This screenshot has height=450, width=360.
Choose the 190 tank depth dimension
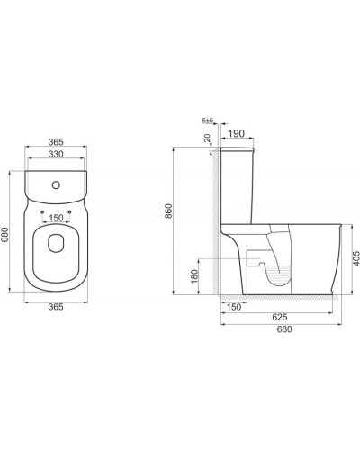[237, 134]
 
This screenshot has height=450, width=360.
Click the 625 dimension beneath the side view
[280, 318]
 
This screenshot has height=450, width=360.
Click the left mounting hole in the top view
[44, 212]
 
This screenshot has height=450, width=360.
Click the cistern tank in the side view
[237, 180]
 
